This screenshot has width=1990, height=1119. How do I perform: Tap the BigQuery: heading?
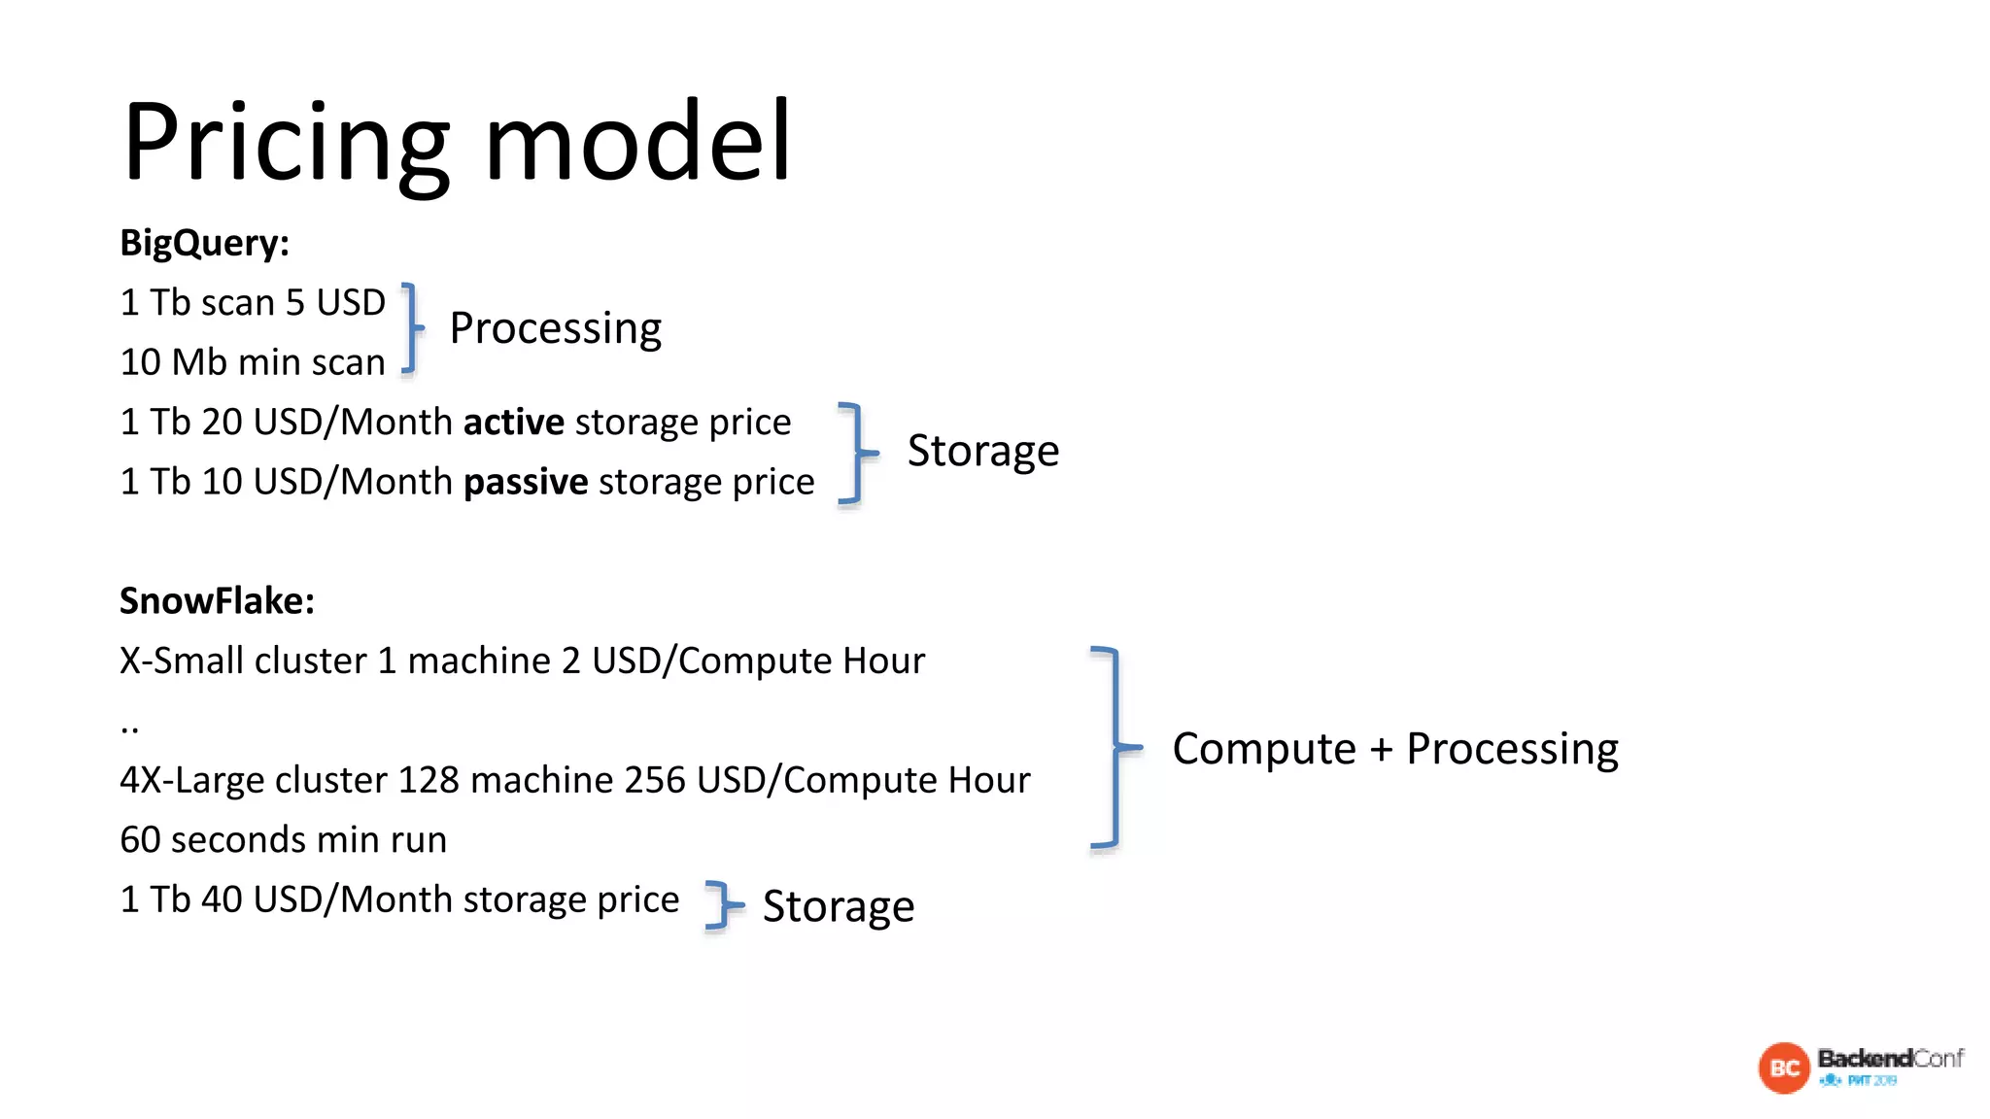pos(205,243)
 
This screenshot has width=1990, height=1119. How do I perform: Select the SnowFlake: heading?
pos(217,601)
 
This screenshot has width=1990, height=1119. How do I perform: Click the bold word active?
pos(513,423)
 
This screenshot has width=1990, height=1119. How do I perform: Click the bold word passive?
pos(526,482)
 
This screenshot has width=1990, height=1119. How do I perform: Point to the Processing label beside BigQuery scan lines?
pos(555,328)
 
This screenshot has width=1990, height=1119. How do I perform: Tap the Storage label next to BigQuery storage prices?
pos(982,451)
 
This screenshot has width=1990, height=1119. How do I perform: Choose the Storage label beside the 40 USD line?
pos(838,906)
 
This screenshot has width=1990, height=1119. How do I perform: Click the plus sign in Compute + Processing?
pos(1381,749)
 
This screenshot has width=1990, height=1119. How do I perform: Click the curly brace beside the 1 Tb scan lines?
pos(413,328)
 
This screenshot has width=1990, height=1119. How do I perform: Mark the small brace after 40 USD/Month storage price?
pos(722,905)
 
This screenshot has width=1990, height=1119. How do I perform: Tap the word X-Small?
pos(182,661)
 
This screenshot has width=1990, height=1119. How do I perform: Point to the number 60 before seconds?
pos(140,840)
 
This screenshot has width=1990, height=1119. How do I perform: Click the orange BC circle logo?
pos(1784,1068)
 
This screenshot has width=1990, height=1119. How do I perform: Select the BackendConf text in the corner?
pos(1890,1058)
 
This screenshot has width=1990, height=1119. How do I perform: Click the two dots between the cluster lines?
pos(130,728)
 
